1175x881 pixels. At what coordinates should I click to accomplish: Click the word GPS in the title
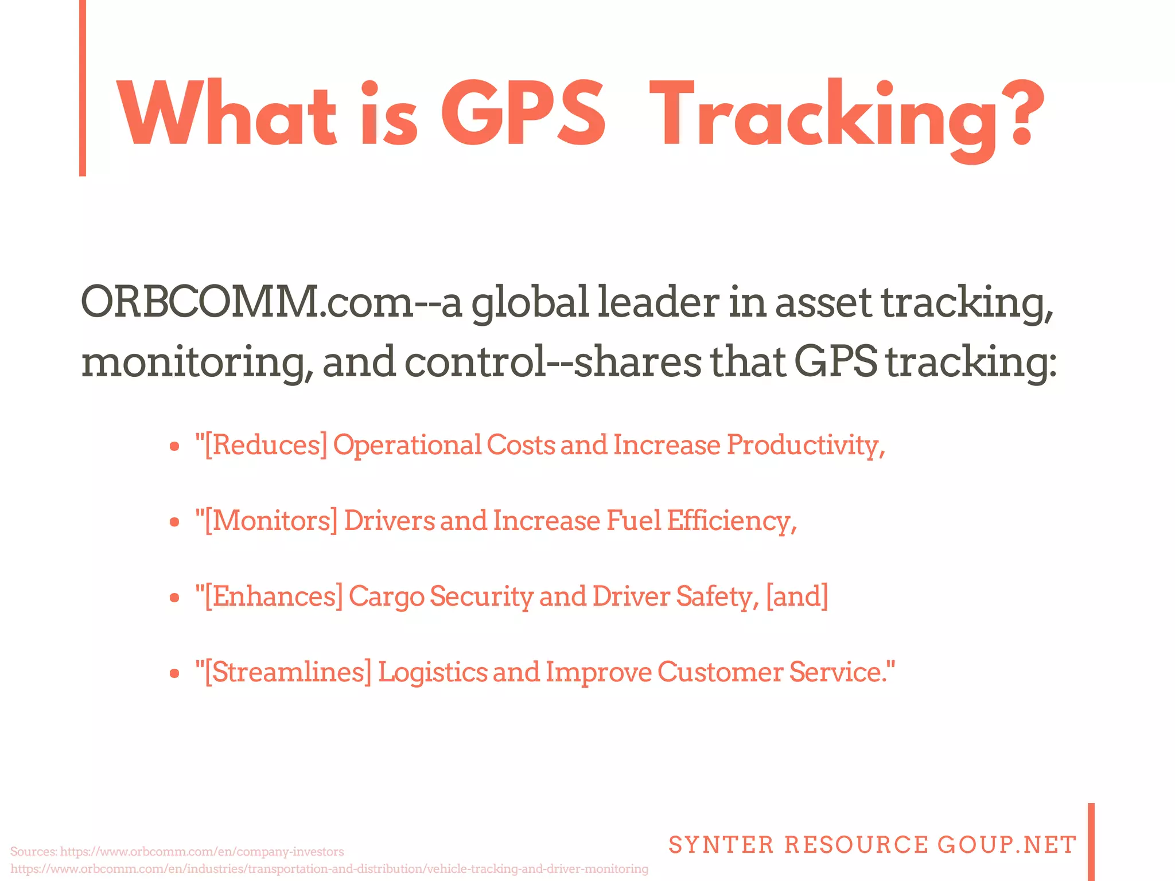pyautogui.click(x=523, y=114)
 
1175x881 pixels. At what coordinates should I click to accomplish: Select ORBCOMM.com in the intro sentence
pyautogui.click(x=247, y=302)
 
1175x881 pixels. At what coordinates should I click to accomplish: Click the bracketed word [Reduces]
pyautogui.click(x=261, y=445)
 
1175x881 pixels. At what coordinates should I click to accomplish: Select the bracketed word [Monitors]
pyautogui.click(x=266, y=521)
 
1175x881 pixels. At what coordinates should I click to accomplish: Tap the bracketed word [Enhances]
pyautogui.click(x=269, y=597)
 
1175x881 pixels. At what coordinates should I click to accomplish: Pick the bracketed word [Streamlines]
pyautogui.click(x=283, y=672)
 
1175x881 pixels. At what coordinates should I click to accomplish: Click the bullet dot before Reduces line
pyautogui.click(x=175, y=447)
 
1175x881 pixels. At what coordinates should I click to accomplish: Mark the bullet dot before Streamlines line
pyautogui.click(x=175, y=674)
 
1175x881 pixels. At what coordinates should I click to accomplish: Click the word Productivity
pyautogui.click(x=806, y=445)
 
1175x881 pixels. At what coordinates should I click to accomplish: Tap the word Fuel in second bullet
pyautogui.click(x=634, y=521)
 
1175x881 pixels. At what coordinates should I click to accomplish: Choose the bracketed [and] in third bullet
pyautogui.click(x=797, y=597)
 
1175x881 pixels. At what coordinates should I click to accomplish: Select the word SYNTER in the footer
pyautogui.click(x=721, y=845)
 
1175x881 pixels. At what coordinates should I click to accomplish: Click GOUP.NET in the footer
pyautogui.click(x=1007, y=845)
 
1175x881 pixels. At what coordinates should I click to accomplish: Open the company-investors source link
pyautogui.click(x=201, y=851)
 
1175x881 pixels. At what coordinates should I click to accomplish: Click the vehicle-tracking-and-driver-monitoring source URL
pyautogui.click(x=329, y=869)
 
